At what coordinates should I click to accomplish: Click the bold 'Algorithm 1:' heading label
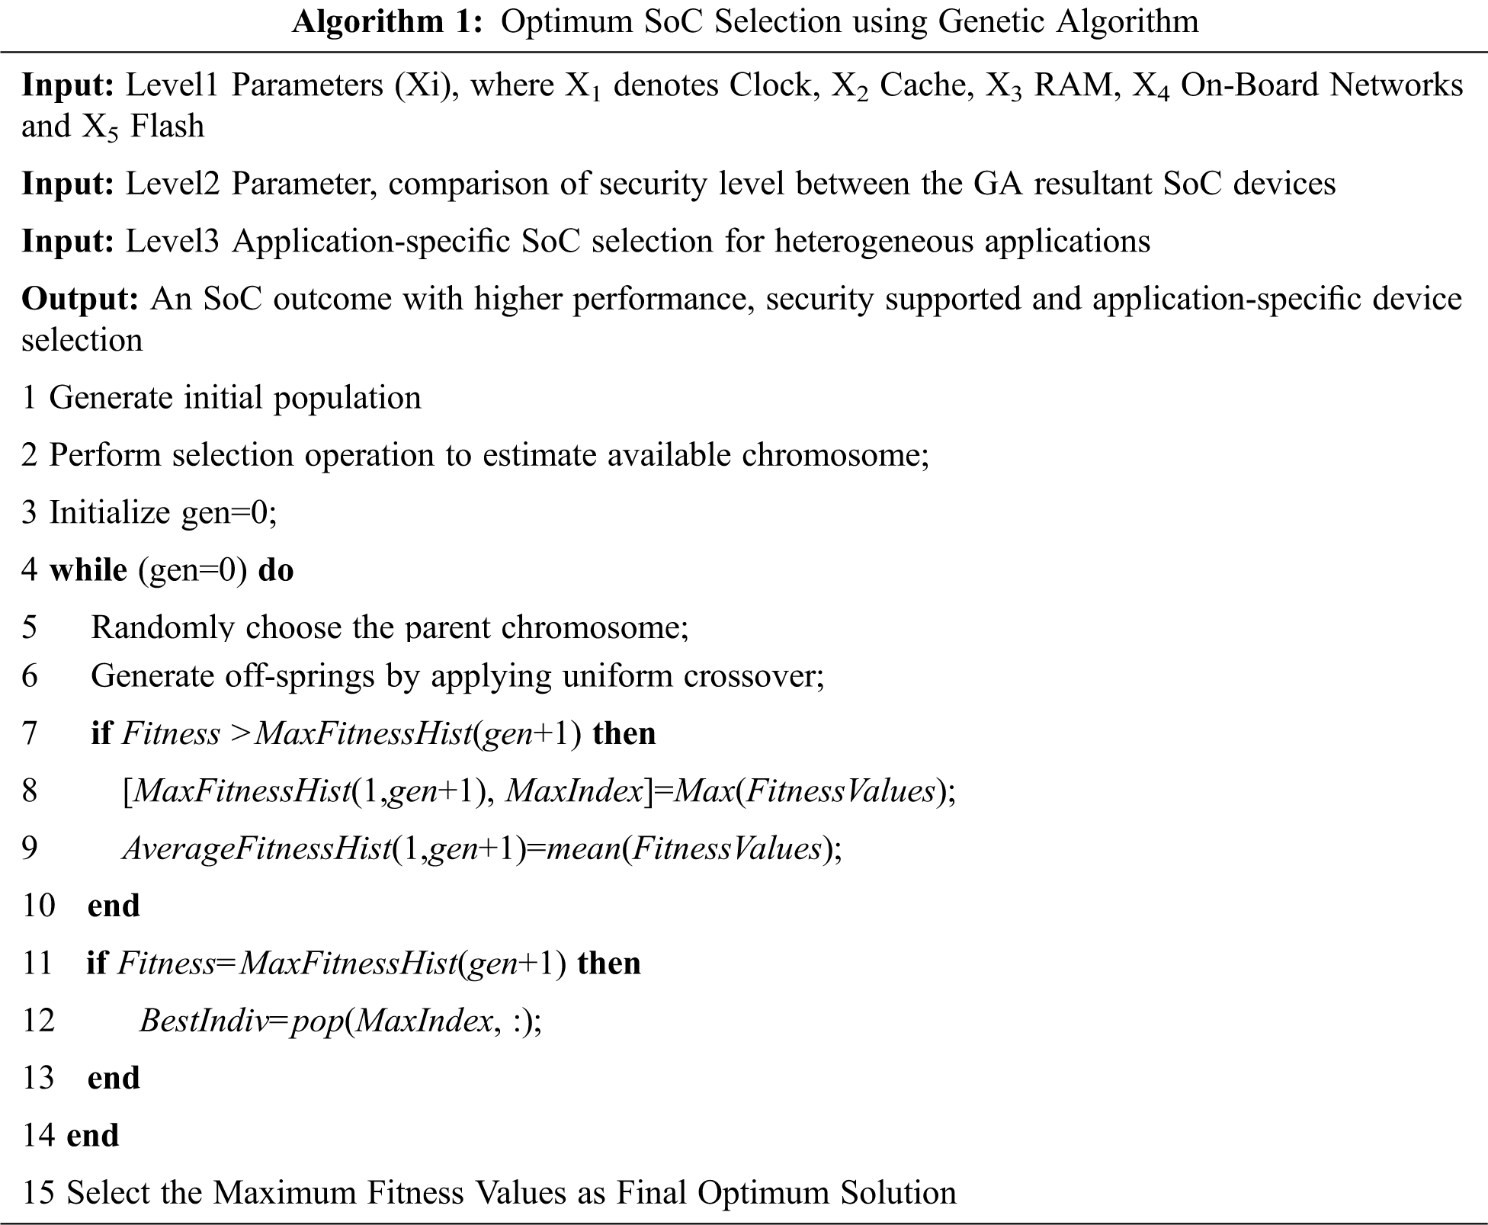coord(387,22)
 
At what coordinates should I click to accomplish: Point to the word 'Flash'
coord(167,127)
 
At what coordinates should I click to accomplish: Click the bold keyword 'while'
coord(88,570)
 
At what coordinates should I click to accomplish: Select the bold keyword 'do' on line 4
coord(276,570)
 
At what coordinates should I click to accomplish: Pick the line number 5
coord(30,627)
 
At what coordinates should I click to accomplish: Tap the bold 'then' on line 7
coord(624,733)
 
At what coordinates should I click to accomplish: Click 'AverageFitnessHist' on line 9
coord(256,848)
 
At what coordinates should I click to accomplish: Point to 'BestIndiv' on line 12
coord(204,1021)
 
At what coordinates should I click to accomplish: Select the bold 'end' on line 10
coord(114,906)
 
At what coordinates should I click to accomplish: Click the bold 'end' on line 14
coord(93,1136)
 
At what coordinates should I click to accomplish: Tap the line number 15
coord(38,1193)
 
